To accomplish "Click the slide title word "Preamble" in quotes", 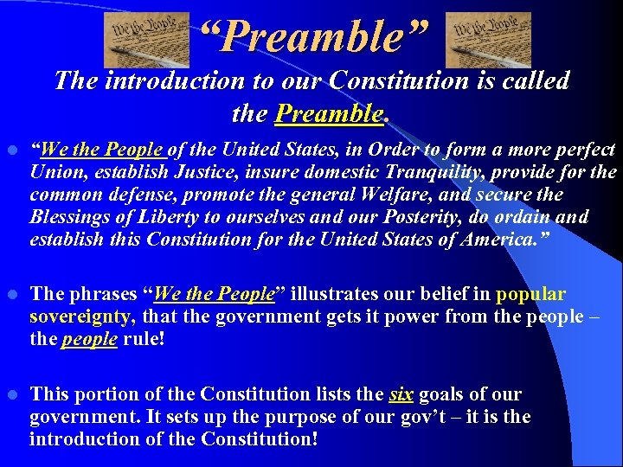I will click(313, 36).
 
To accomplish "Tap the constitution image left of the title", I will click(146, 40).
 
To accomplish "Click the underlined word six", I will click(401, 394).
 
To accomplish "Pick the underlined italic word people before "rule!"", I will click(89, 339).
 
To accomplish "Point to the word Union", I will click(54, 172).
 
